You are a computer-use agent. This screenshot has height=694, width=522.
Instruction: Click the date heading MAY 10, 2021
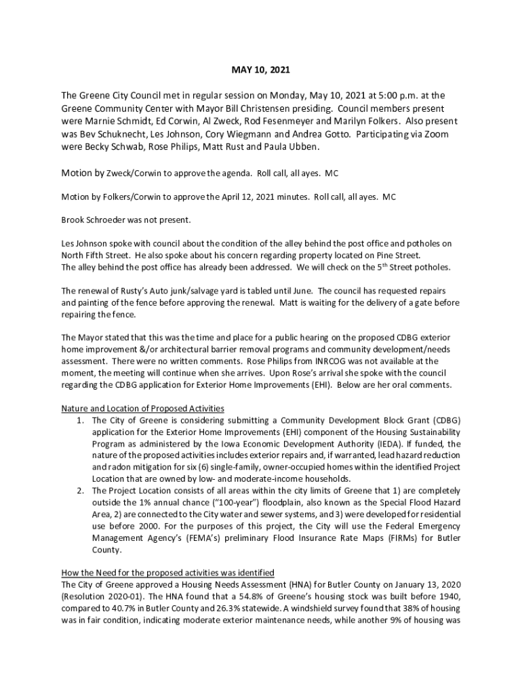261,70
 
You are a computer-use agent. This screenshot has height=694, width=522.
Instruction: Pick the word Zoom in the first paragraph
435,134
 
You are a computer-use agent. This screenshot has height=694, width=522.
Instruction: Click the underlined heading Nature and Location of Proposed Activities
142,409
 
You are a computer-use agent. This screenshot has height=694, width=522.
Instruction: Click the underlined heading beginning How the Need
167,573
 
